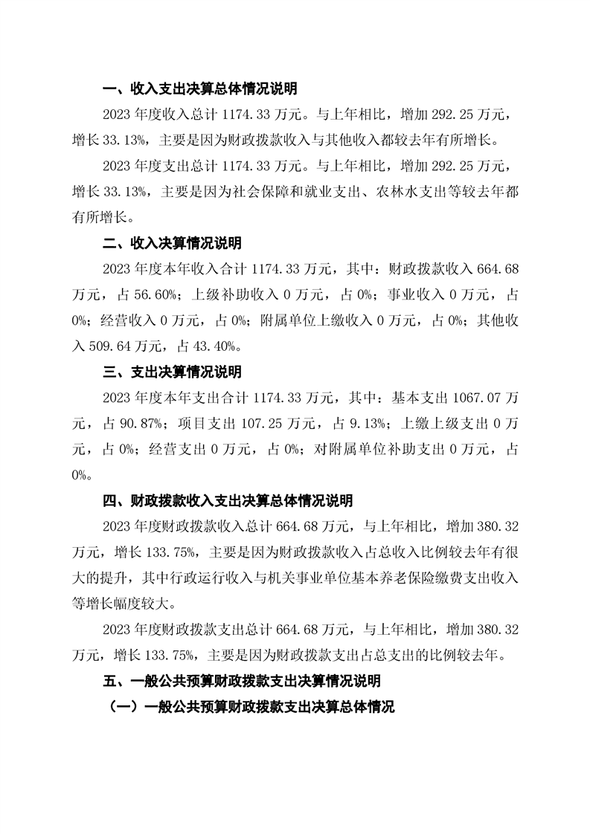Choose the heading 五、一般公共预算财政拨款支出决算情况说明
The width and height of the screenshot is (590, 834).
(x=241, y=680)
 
